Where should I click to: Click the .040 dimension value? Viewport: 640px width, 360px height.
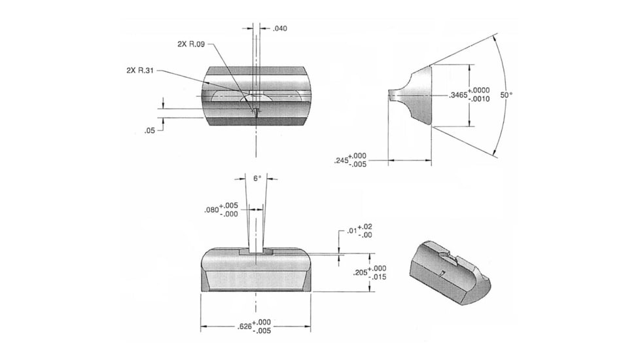tap(280, 28)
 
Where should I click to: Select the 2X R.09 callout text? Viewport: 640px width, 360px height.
tap(191, 44)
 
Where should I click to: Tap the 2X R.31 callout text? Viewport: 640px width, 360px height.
tap(140, 70)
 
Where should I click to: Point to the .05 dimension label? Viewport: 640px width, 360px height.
tap(150, 131)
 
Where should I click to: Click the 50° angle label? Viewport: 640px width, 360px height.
tap(506, 95)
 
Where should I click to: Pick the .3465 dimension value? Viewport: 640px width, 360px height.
tap(458, 95)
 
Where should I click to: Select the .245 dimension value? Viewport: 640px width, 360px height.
tap(341, 160)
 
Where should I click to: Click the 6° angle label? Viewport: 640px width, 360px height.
tap(257, 179)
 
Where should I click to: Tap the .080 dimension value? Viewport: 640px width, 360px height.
tap(211, 210)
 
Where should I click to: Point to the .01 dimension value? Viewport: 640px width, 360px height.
tap(352, 231)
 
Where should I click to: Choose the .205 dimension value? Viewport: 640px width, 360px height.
tap(361, 273)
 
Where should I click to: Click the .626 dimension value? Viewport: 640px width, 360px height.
tap(245, 327)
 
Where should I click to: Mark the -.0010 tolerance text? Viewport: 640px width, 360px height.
tap(479, 99)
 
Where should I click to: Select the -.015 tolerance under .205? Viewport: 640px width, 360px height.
tap(378, 277)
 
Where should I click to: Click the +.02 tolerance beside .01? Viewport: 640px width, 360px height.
tap(365, 226)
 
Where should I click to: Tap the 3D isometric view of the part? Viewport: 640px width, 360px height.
tap(450, 273)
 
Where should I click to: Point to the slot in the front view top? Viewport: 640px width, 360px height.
tap(256, 251)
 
